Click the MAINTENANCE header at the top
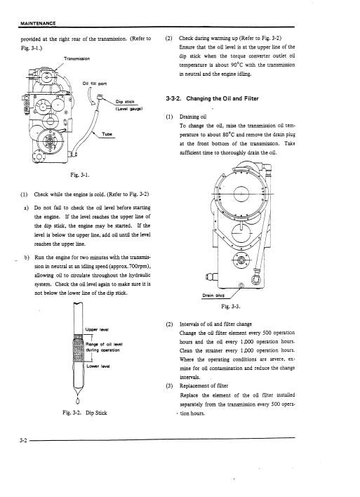coord(38,23)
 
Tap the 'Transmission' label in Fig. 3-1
coord(76,59)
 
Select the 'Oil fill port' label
coord(95,84)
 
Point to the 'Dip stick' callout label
coord(125,102)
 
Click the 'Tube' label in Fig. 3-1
coord(107,134)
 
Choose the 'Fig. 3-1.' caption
coord(80,175)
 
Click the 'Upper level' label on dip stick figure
coord(98,330)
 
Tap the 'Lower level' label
coord(98,366)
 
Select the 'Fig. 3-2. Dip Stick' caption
coord(85,413)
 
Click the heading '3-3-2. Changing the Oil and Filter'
coord(212,98)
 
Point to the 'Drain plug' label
coord(213,296)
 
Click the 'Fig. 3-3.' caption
coord(231,307)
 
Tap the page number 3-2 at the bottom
coord(23,440)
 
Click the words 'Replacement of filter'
coord(204,386)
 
